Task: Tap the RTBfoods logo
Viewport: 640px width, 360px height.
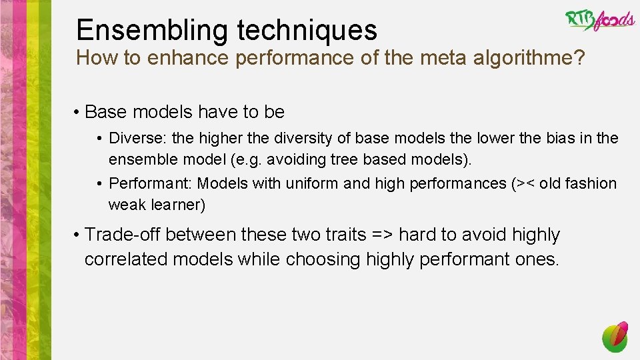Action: coord(599,21)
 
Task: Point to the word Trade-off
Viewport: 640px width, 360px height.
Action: coord(123,235)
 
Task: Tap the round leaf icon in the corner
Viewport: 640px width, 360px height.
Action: coord(615,337)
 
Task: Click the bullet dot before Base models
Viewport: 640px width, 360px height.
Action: coord(78,113)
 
